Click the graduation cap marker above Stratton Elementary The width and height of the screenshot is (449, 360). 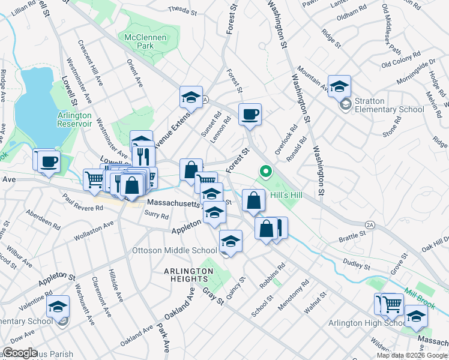coord(339,86)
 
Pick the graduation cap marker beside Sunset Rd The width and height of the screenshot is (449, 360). coord(191,98)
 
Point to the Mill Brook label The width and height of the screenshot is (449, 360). coord(418,297)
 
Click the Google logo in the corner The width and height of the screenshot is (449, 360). coord(20,353)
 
